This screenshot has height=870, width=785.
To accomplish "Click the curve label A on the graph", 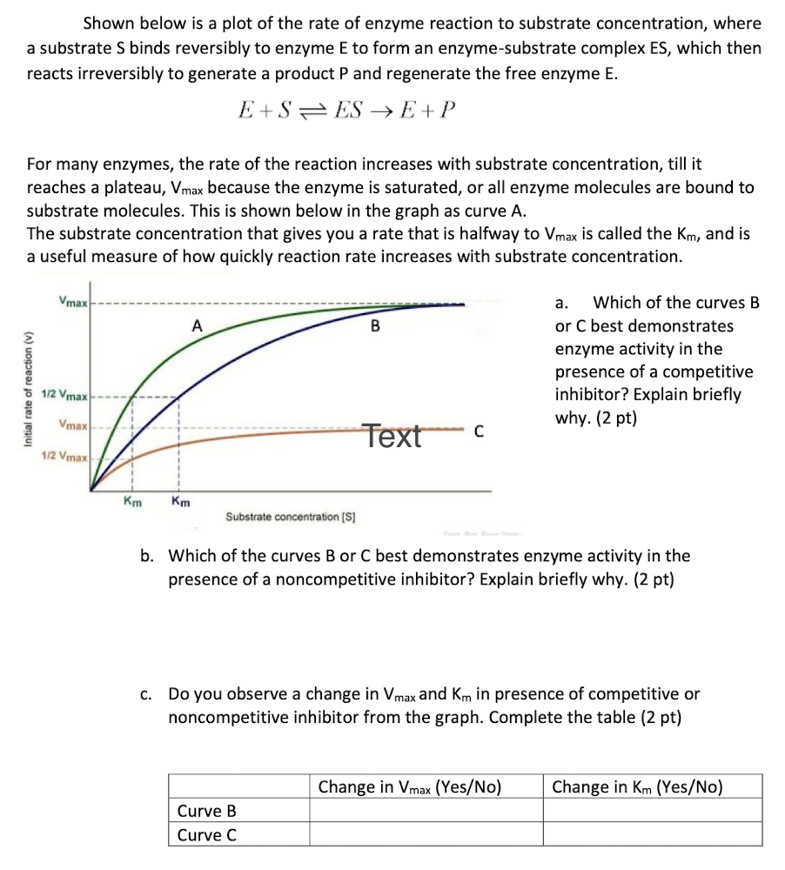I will [x=198, y=325].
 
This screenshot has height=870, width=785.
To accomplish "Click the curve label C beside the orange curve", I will [x=478, y=431].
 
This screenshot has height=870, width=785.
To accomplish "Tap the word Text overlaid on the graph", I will [x=392, y=435].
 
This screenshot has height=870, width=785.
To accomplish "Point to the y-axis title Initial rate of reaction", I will [x=28, y=390].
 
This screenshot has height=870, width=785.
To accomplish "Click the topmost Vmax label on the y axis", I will [x=72, y=302].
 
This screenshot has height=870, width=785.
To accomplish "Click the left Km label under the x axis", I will [x=133, y=501].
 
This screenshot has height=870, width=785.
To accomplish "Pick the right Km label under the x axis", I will [x=181, y=501].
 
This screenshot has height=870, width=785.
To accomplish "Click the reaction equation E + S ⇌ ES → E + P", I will [x=346, y=110].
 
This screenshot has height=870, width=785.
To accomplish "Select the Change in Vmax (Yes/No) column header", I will [x=410, y=787].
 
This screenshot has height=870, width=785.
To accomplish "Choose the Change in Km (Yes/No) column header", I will [x=637, y=787].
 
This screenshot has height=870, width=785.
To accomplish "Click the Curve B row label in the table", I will [x=207, y=811].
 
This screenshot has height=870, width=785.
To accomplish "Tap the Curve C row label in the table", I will [x=207, y=835].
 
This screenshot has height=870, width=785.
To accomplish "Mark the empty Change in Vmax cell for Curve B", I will [x=426, y=811].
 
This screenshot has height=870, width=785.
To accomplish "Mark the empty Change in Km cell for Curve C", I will [x=653, y=835].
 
